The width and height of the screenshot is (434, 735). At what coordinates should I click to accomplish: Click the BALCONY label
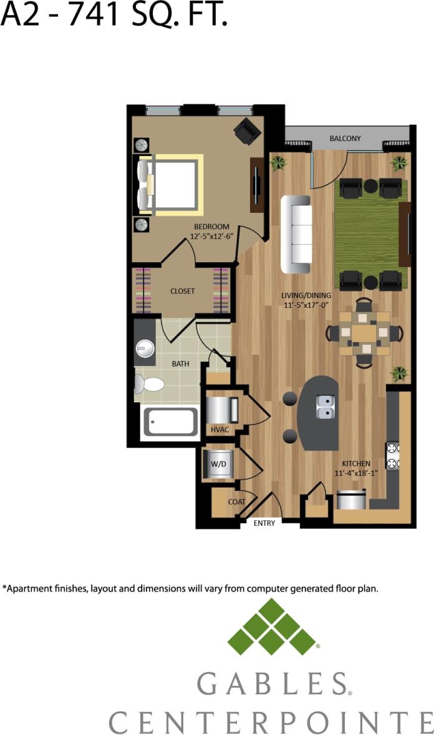coord(345,138)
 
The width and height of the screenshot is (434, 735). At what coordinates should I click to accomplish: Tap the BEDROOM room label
coord(211,227)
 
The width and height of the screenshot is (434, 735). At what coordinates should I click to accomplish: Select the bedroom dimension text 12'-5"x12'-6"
coord(211,237)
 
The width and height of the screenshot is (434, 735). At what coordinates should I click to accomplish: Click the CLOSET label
coord(183,291)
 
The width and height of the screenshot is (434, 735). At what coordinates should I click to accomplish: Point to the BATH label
coord(180,363)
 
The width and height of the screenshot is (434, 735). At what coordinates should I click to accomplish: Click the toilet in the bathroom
coord(149,383)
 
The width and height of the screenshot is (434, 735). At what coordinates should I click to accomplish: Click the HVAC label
coord(219,430)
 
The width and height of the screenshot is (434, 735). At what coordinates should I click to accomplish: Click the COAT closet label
coord(236,501)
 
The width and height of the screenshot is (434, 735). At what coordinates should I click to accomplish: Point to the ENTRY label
coord(264,523)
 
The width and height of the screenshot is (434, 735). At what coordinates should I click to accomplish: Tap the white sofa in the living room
coord(297,234)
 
